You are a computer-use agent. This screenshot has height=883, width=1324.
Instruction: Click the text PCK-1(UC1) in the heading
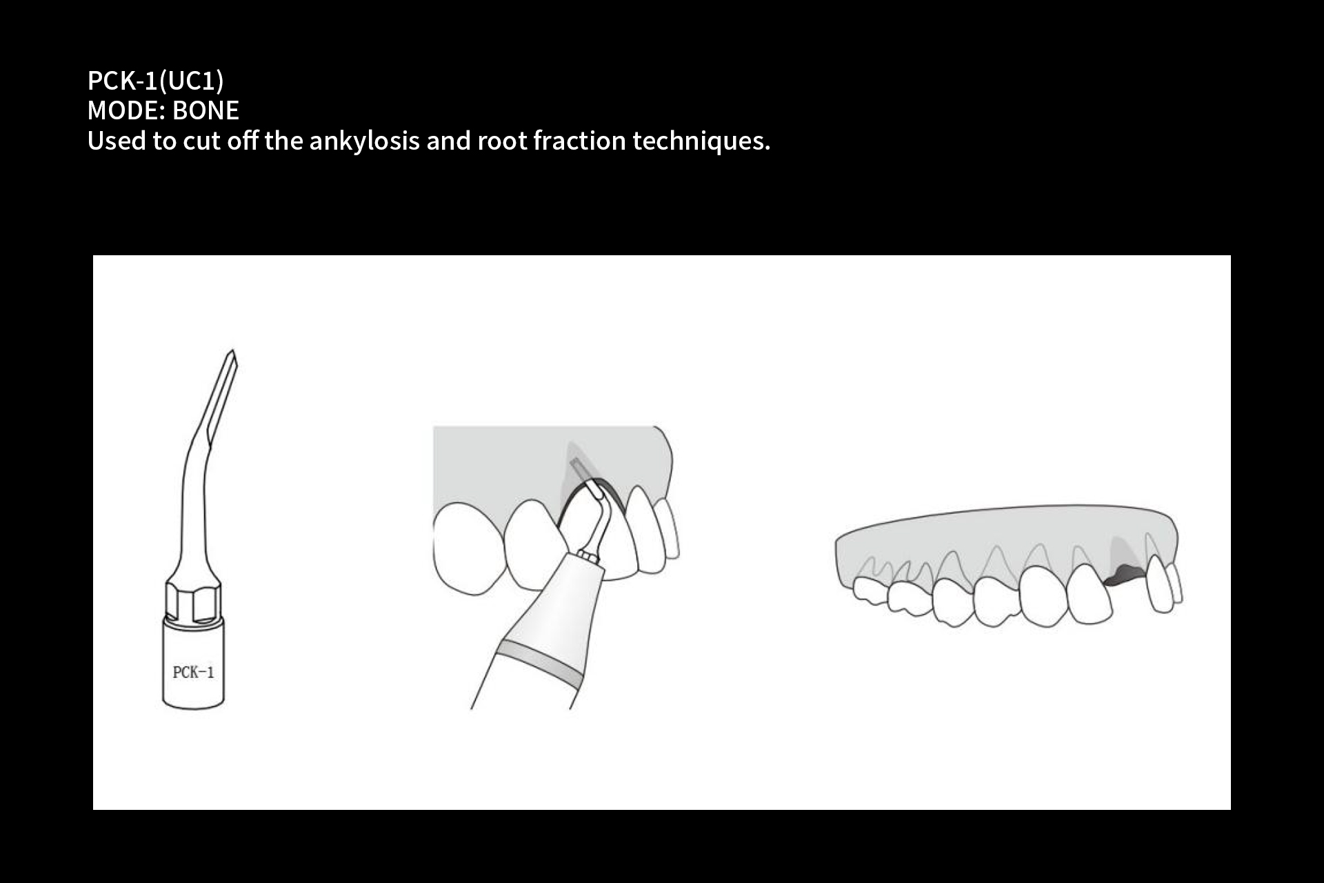coord(156,81)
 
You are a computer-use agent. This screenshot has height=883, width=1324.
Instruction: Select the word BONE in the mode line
coord(205,110)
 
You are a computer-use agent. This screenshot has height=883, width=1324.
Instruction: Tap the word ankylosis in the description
coord(364,141)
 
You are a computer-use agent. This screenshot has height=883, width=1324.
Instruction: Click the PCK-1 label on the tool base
coord(193,672)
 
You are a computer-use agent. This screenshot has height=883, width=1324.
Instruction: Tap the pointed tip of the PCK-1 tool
coord(232,350)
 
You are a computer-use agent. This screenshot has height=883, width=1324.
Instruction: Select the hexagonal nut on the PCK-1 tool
coord(193,602)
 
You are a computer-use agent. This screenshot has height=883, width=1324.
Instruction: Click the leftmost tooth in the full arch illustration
coord(870,591)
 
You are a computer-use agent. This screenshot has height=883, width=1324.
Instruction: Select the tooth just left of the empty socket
coord(1090,594)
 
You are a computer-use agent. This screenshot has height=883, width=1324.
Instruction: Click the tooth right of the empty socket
coord(1161,584)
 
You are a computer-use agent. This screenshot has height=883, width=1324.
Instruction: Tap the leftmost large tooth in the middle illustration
coord(467,548)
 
